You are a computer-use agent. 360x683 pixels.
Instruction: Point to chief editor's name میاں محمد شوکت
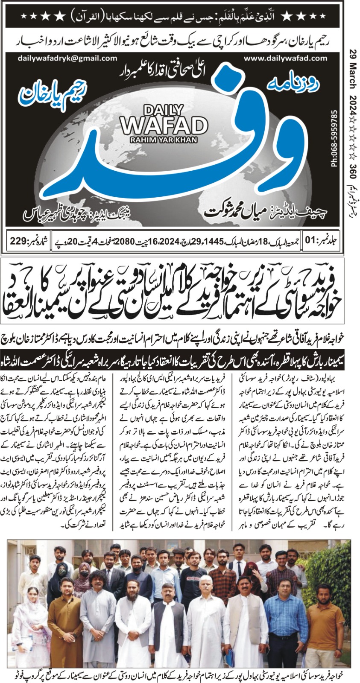(239, 210)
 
